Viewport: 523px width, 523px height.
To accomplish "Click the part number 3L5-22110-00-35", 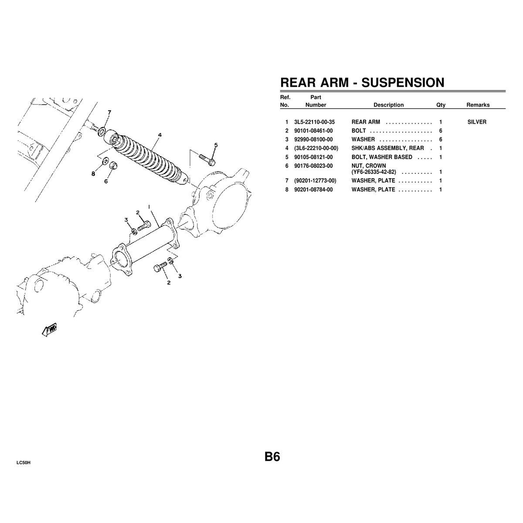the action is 314,122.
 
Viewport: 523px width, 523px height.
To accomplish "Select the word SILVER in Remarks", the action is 477,122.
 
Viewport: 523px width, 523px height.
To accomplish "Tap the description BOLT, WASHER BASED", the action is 382,157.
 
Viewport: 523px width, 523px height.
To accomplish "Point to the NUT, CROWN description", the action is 369,166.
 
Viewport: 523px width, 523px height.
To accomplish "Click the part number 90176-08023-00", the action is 313,166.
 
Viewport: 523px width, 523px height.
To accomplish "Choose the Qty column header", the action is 441,105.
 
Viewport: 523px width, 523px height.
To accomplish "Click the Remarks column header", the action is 478,105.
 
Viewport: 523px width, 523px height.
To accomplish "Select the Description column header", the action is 388,105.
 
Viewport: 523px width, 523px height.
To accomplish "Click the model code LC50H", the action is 24,463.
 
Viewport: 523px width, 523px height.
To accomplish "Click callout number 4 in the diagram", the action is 160,135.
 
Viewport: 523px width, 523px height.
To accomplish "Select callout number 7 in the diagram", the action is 109,112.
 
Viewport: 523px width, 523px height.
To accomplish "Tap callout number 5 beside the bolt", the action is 216,145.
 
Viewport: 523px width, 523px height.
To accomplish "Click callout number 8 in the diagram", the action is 93,174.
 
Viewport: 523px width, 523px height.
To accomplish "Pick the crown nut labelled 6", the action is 112,165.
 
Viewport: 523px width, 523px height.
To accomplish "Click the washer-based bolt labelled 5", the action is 207,160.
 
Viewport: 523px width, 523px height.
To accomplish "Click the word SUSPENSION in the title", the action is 403,82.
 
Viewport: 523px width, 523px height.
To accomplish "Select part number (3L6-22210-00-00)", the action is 316,148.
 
